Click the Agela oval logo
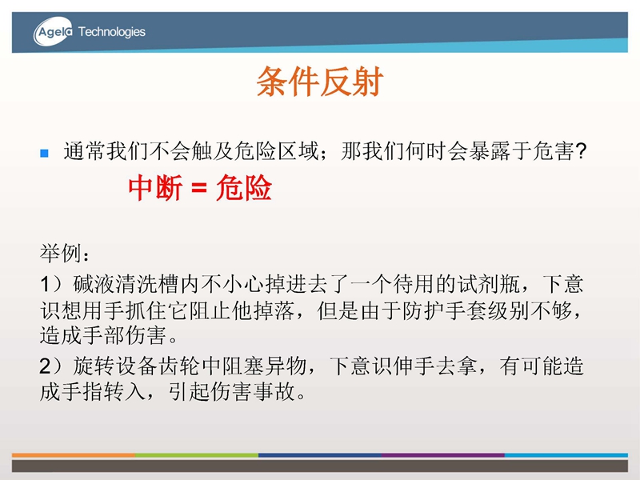53,31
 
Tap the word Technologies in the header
111,32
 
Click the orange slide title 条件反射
319,82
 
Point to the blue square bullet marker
45,153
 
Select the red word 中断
155,188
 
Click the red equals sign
199,189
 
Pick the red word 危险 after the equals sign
244,188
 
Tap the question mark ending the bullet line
580,151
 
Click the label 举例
61,254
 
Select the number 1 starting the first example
45,284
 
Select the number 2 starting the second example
46,366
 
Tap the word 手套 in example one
466,310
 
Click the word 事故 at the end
274,391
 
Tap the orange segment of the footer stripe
74,454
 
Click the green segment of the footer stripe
197,454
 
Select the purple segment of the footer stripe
443,454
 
